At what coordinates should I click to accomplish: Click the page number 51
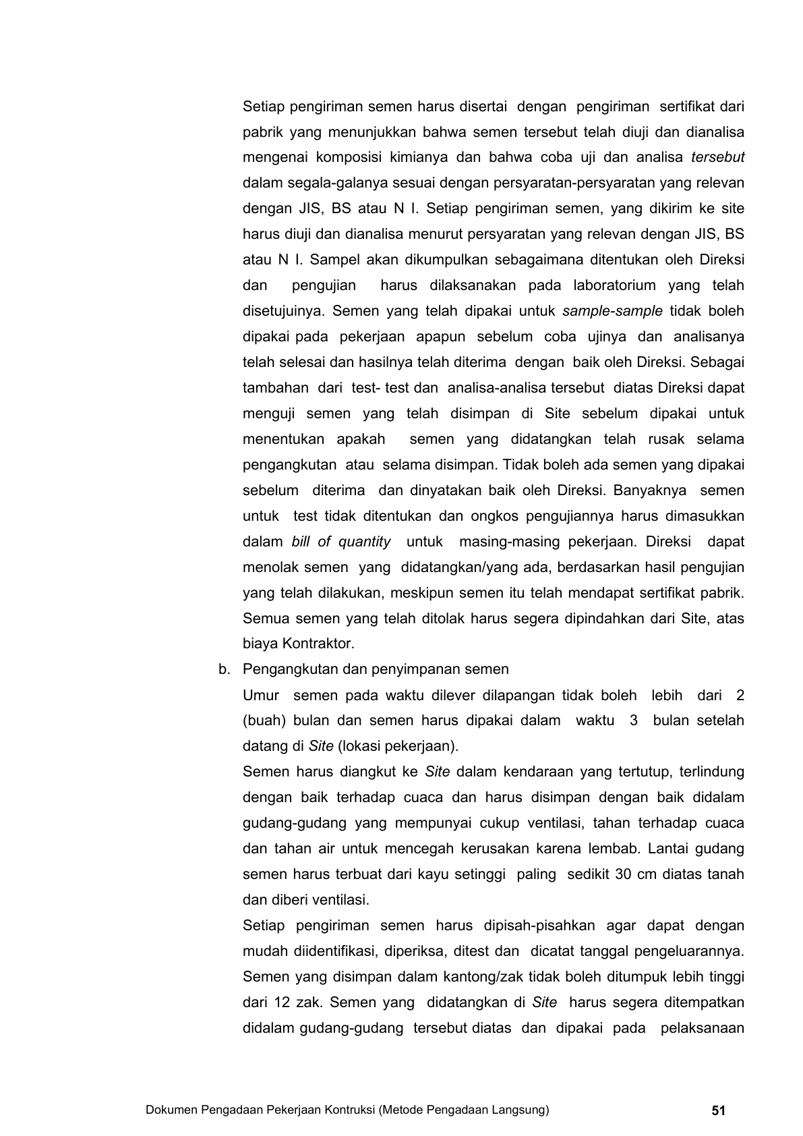coord(718,1110)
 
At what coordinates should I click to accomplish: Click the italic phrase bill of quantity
coord(341,542)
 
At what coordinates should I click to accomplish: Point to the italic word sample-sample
coord(612,311)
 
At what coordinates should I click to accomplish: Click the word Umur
coord(261,695)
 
